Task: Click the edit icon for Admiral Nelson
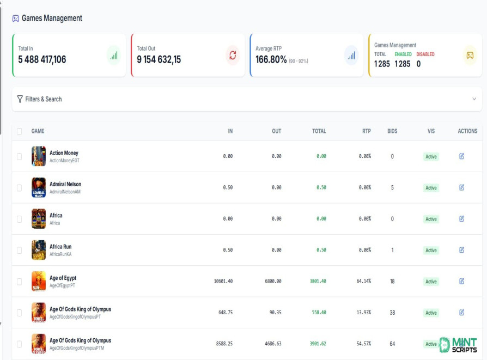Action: (461, 187)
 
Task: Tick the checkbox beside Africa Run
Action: (19, 250)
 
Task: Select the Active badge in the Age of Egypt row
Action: (431, 282)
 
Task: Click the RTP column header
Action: (366, 131)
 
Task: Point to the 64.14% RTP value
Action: (364, 281)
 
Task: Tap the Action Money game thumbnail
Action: (39, 156)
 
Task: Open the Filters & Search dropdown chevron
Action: (474, 99)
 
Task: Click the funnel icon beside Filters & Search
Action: (20, 99)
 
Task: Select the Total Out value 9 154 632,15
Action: (159, 59)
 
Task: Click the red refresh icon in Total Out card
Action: (233, 56)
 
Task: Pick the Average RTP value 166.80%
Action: (271, 59)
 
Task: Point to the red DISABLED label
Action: (425, 54)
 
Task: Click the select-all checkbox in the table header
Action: (19, 131)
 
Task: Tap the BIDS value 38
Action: (392, 313)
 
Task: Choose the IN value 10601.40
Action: (223, 281)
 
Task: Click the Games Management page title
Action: (52, 19)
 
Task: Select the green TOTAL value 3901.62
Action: (318, 344)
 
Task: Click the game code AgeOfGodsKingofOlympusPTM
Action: (77, 348)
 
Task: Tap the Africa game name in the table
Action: (56, 215)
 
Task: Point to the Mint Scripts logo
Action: (458, 345)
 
